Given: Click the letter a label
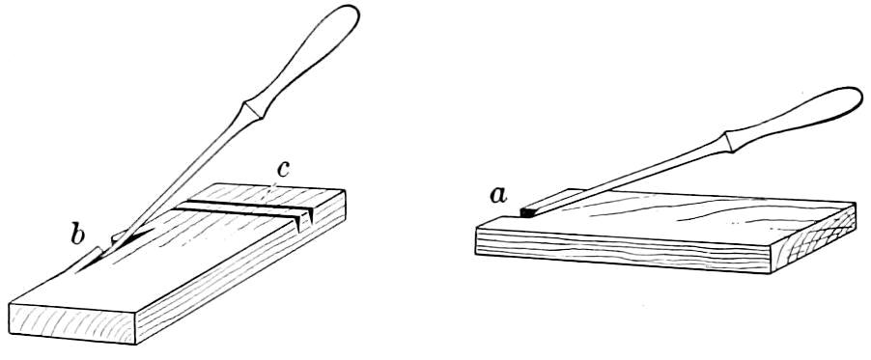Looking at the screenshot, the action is (x=499, y=196).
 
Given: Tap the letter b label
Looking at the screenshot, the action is (x=77, y=235).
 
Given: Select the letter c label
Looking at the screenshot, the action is (x=283, y=170).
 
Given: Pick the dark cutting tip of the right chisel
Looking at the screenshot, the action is (x=526, y=211).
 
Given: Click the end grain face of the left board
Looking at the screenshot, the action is (x=72, y=324).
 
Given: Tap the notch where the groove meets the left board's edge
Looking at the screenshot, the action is (x=303, y=221).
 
